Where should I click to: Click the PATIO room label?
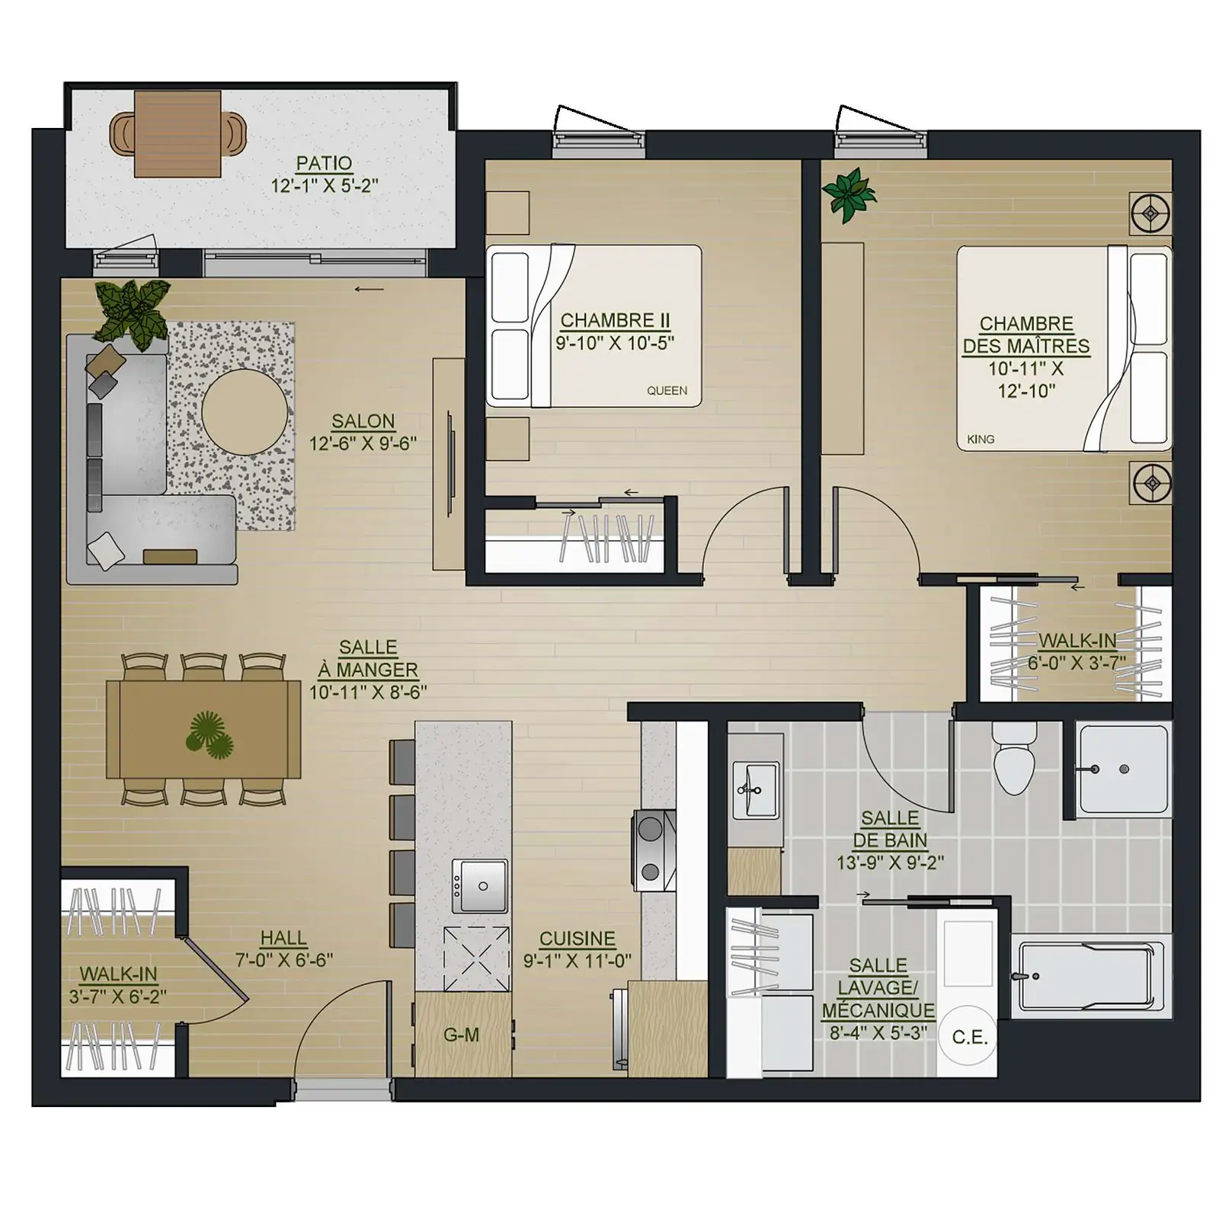(x=324, y=163)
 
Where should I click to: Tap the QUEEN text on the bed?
(x=667, y=391)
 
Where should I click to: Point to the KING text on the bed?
(x=981, y=440)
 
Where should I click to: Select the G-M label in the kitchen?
(x=461, y=1035)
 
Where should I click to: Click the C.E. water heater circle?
(x=969, y=1038)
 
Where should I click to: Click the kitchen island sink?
(x=480, y=886)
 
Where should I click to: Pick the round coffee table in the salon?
(x=245, y=413)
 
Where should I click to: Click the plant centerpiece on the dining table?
(x=210, y=735)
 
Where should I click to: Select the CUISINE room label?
(x=577, y=939)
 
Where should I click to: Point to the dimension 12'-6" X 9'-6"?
(x=363, y=443)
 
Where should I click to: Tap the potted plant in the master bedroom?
(x=849, y=195)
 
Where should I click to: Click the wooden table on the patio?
(x=178, y=133)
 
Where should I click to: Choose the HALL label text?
(x=283, y=939)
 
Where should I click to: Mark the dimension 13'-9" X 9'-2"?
(x=890, y=863)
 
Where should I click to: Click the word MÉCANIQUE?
(x=878, y=1011)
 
